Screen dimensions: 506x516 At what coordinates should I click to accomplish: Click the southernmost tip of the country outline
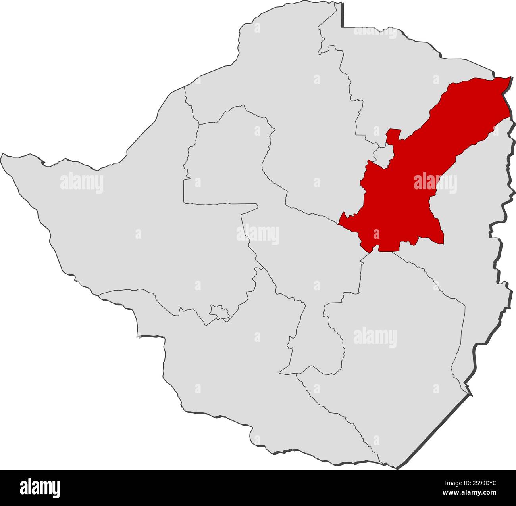click(396, 468)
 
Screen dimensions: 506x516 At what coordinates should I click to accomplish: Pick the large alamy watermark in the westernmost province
click(82, 183)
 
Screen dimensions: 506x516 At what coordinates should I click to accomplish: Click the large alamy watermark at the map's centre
click(258, 234)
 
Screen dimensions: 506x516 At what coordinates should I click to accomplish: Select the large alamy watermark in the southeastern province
click(375, 337)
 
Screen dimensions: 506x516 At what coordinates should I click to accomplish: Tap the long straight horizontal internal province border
click(220, 204)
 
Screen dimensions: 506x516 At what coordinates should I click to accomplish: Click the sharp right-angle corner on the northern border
click(343, 27)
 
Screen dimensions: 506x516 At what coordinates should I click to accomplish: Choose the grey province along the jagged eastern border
click(476, 258)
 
